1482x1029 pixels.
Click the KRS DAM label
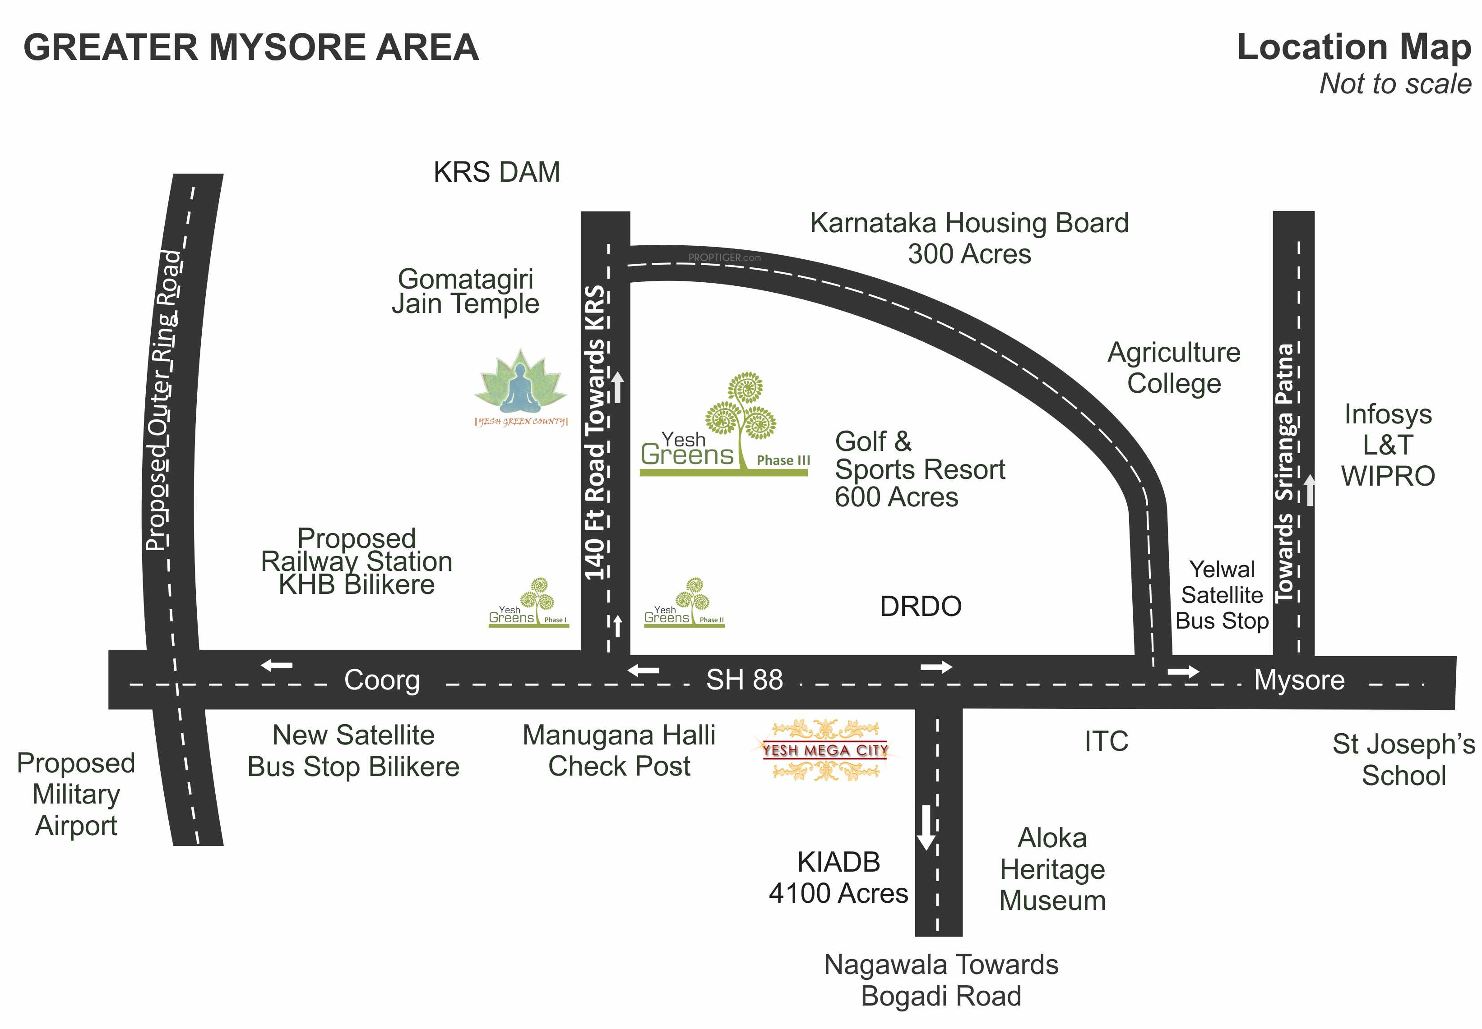[x=496, y=172]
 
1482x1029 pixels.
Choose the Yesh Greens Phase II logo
[x=683, y=603]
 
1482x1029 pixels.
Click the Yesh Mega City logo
[x=824, y=750]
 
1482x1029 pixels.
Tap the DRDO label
[x=920, y=606]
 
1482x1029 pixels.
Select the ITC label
[x=1106, y=741]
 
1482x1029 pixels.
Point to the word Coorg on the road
[x=381, y=680]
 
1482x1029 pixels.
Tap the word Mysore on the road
[x=1298, y=680]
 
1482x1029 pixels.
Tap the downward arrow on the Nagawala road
[x=926, y=827]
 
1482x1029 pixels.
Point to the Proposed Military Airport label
[x=76, y=795]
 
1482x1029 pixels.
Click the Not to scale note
[x=1395, y=84]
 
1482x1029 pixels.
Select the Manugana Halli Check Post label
[x=618, y=750]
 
